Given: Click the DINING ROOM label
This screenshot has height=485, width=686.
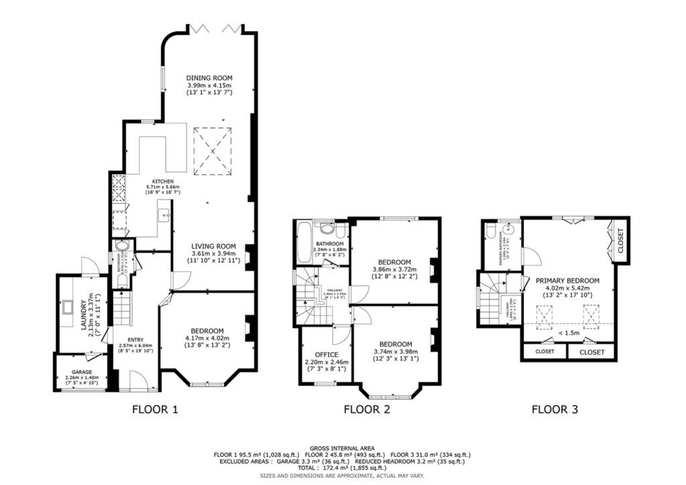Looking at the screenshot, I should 208,78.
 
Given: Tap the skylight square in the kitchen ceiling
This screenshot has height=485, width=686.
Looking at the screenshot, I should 214,152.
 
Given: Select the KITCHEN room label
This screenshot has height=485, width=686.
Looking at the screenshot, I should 163,182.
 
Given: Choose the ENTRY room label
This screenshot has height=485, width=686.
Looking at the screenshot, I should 135,338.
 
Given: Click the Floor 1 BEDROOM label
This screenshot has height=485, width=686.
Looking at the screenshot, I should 206,331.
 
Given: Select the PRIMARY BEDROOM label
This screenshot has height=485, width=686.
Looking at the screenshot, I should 567,281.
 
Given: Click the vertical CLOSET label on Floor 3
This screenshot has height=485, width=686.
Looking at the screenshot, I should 620,240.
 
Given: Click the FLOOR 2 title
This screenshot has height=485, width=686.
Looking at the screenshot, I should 366,409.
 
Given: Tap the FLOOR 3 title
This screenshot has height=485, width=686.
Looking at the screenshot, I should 554,409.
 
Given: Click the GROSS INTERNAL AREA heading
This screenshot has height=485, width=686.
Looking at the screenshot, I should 342,448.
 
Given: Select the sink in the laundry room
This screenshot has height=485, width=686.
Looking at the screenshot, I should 68,309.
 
